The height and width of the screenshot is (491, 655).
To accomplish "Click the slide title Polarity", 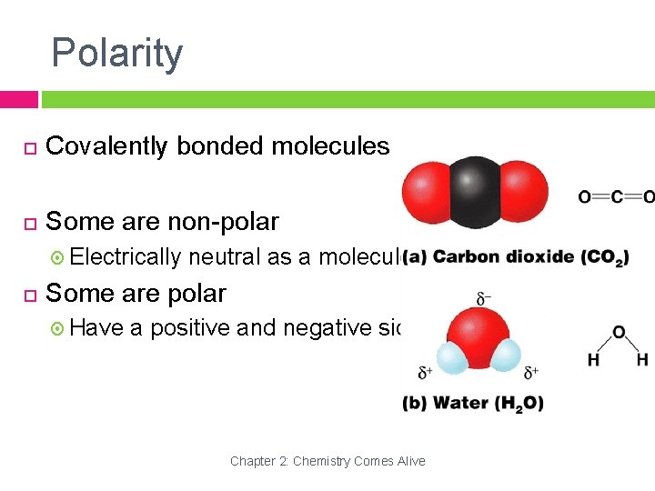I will [116, 53].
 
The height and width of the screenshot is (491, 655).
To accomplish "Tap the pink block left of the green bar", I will [18, 99].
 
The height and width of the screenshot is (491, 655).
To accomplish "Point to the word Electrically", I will [126, 257].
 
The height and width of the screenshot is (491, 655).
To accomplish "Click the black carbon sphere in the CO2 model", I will [475, 190].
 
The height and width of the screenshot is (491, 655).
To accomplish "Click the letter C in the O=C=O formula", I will [617, 196].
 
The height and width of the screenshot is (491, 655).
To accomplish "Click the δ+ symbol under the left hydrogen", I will [425, 372].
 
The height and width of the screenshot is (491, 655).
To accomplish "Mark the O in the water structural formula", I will [618, 333].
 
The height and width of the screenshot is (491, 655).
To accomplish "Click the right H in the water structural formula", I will [642, 360].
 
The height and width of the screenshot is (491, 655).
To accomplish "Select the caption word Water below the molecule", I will [459, 403].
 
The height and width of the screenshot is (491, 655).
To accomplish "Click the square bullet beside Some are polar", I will [29, 295].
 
